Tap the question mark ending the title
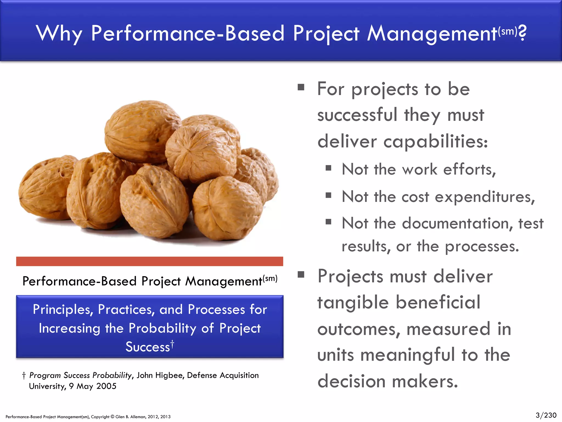(x=522, y=33)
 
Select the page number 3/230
(x=546, y=415)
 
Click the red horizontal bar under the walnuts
(x=150, y=261)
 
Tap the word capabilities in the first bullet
(x=435, y=141)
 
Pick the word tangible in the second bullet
(x=353, y=302)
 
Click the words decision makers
(x=387, y=381)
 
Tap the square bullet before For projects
(x=301, y=87)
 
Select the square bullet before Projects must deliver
(x=301, y=274)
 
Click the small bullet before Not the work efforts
(x=328, y=168)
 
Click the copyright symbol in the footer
(x=113, y=417)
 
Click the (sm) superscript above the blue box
(x=270, y=278)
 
